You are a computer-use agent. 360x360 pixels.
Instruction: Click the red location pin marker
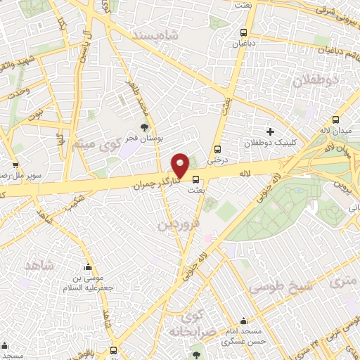(x=180, y=165)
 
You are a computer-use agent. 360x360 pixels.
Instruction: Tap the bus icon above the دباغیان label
(x=243, y=32)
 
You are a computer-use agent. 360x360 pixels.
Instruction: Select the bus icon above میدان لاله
(x=335, y=120)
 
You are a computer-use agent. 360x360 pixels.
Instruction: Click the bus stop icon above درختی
(x=217, y=149)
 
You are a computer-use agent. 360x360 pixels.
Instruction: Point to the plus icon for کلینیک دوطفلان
(x=270, y=131)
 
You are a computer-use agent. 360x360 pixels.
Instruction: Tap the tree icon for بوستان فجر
(x=144, y=127)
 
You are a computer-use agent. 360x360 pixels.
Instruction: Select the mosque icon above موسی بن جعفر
(x=88, y=267)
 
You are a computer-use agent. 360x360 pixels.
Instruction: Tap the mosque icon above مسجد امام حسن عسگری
(x=244, y=321)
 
